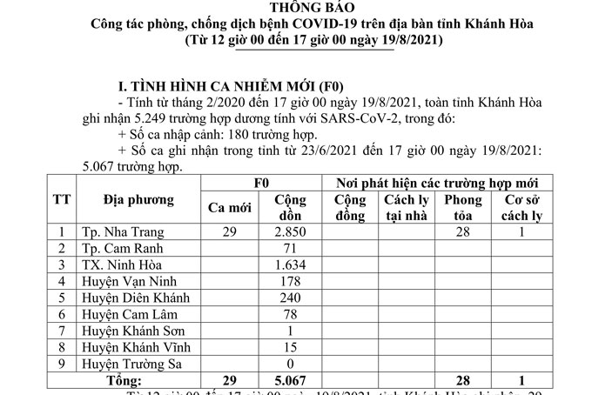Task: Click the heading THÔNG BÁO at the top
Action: click(296, 10)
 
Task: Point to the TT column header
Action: click(62, 199)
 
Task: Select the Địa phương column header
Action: click(138, 199)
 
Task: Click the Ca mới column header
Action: click(229, 207)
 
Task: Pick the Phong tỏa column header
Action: click(462, 207)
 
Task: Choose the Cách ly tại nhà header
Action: click(406, 207)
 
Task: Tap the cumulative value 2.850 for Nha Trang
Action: click(287, 232)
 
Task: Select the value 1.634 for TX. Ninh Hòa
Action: click(287, 265)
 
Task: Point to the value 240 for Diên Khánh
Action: click(287, 298)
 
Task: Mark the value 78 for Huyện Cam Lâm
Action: click(287, 315)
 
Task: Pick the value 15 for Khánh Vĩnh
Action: click(287, 348)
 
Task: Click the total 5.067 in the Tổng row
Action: click(287, 381)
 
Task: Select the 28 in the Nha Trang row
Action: click(462, 232)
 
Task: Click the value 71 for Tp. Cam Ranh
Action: click(287, 249)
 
